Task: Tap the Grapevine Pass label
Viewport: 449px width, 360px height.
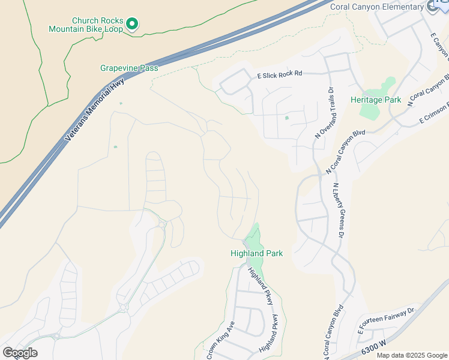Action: click(x=129, y=68)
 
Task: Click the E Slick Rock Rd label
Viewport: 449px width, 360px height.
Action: click(x=279, y=74)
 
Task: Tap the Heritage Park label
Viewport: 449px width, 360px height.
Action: click(x=376, y=100)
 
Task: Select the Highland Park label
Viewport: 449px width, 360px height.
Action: click(x=256, y=254)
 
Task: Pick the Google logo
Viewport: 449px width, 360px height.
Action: click(x=20, y=353)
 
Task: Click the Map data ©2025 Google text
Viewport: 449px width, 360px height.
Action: click(x=412, y=355)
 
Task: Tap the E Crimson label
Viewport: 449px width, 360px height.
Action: click(x=433, y=112)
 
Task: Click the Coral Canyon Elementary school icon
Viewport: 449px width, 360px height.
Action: click(x=432, y=6)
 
